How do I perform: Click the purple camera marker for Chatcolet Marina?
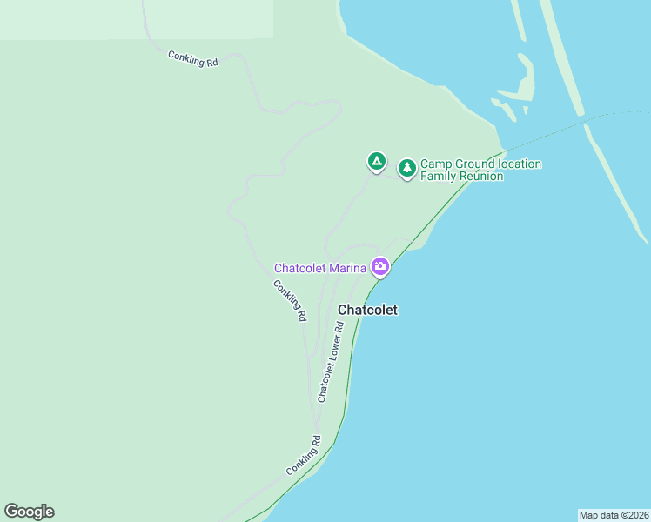[379, 266]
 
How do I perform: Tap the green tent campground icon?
[376, 161]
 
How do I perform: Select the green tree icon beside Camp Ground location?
[406, 167]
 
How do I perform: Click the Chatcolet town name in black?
[367, 310]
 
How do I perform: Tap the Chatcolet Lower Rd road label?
[331, 361]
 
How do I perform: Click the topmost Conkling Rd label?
[193, 60]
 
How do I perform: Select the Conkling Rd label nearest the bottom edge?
[304, 455]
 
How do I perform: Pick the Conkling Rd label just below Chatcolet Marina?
[290, 301]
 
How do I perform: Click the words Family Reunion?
[461, 176]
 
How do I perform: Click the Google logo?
[29, 512]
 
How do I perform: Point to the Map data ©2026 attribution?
[614, 515]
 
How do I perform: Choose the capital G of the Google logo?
[11, 512]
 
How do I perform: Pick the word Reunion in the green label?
[481, 176]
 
